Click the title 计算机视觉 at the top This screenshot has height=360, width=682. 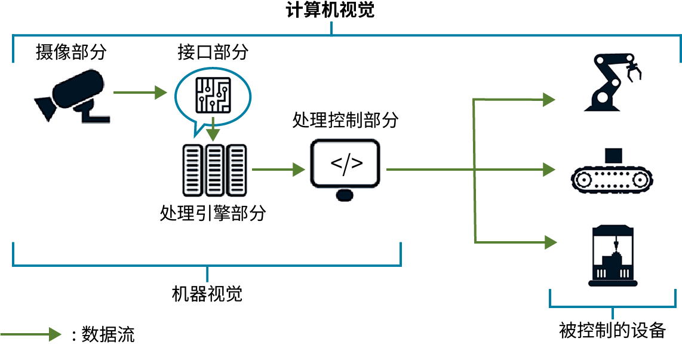click(330, 11)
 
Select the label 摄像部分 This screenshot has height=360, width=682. click(71, 52)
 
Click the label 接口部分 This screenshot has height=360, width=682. click(213, 52)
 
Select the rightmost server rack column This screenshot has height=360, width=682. click(236, 170)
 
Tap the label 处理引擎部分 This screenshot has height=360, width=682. click(213, 214)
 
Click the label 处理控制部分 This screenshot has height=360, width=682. click(345, 120)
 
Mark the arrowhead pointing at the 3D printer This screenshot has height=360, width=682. click(549, 242)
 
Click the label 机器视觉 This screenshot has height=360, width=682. click(207, 294)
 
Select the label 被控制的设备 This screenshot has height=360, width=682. click(612, 330)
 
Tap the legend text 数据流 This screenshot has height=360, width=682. click(108, 334)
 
